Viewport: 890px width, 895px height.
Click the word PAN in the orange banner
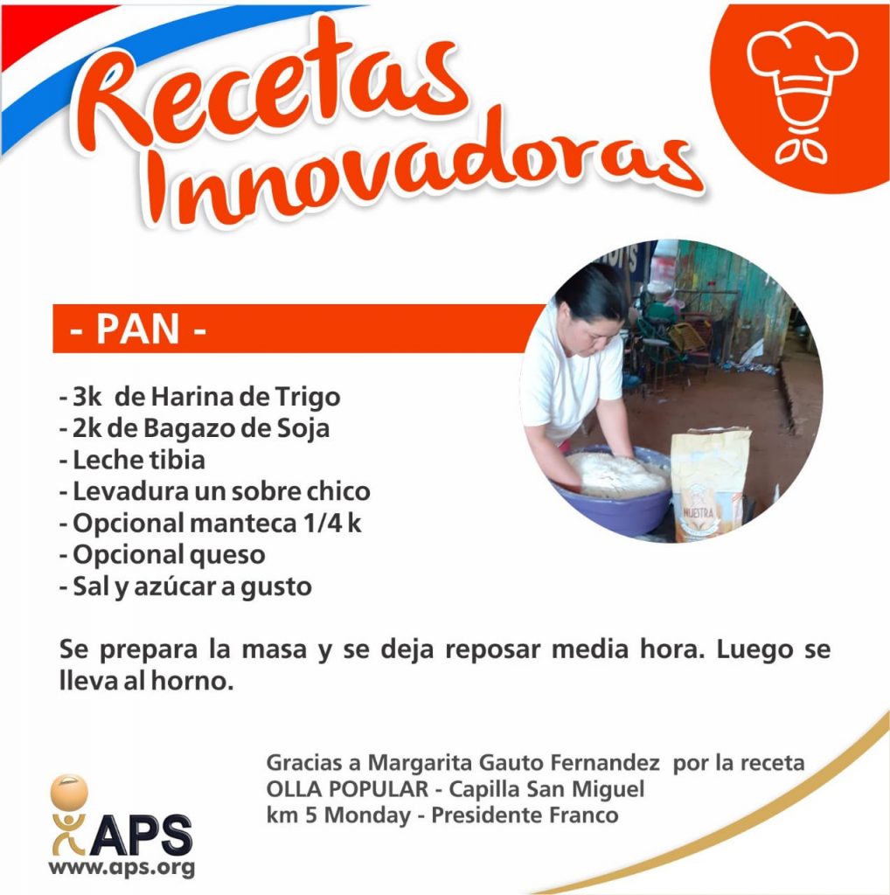(137, 329)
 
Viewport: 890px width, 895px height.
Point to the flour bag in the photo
(709, 484)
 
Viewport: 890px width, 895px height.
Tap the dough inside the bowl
(616, 474)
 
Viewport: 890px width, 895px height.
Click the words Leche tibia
(139, 460)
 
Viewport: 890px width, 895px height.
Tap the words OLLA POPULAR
(347, 789)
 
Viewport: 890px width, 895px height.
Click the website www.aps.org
(122, 868)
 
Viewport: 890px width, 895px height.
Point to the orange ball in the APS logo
(69, 792)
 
